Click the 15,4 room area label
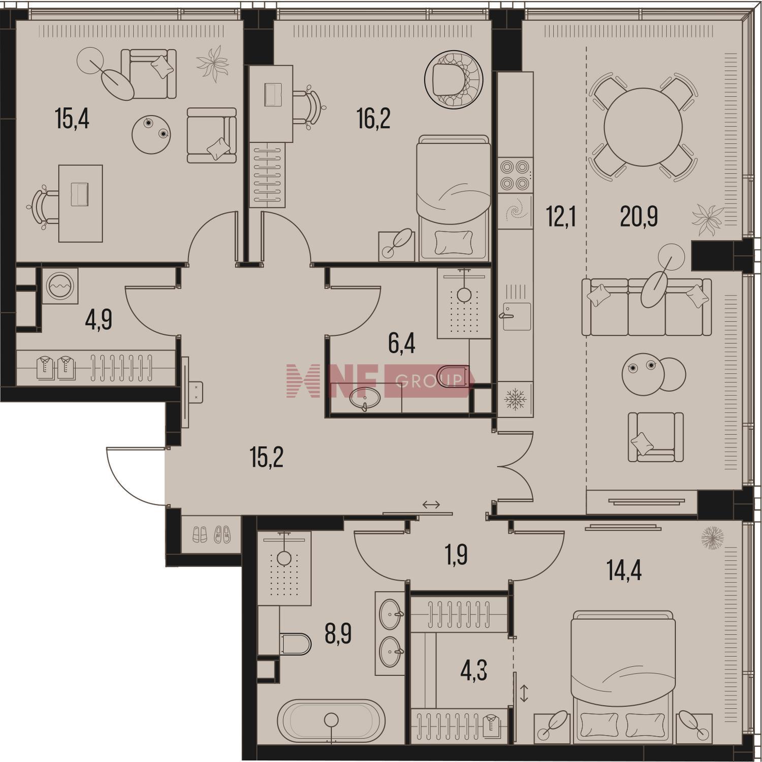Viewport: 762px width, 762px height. coord(72,120)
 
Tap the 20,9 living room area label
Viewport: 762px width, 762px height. coord(639,217)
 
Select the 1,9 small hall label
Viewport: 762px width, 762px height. coord(456,555)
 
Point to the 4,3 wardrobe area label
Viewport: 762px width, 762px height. coord(473,671)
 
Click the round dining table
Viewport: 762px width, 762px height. coord(643,127)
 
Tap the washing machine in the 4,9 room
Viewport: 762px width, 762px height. coord(60,286)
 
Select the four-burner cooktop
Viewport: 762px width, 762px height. coord(515,175)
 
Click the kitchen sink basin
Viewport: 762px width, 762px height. coord(517,316)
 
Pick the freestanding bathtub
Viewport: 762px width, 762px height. coord(331,721)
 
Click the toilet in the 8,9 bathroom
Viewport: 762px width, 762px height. coord(294,644)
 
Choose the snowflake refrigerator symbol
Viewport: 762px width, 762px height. coord(515,399)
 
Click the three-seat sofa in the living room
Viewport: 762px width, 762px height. coord(646,307)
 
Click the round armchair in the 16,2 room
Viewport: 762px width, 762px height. coord(454,79)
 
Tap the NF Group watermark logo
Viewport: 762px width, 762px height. coord(380,380)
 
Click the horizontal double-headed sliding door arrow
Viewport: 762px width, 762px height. coord(431,504)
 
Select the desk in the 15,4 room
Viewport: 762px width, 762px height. coord(80,203)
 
